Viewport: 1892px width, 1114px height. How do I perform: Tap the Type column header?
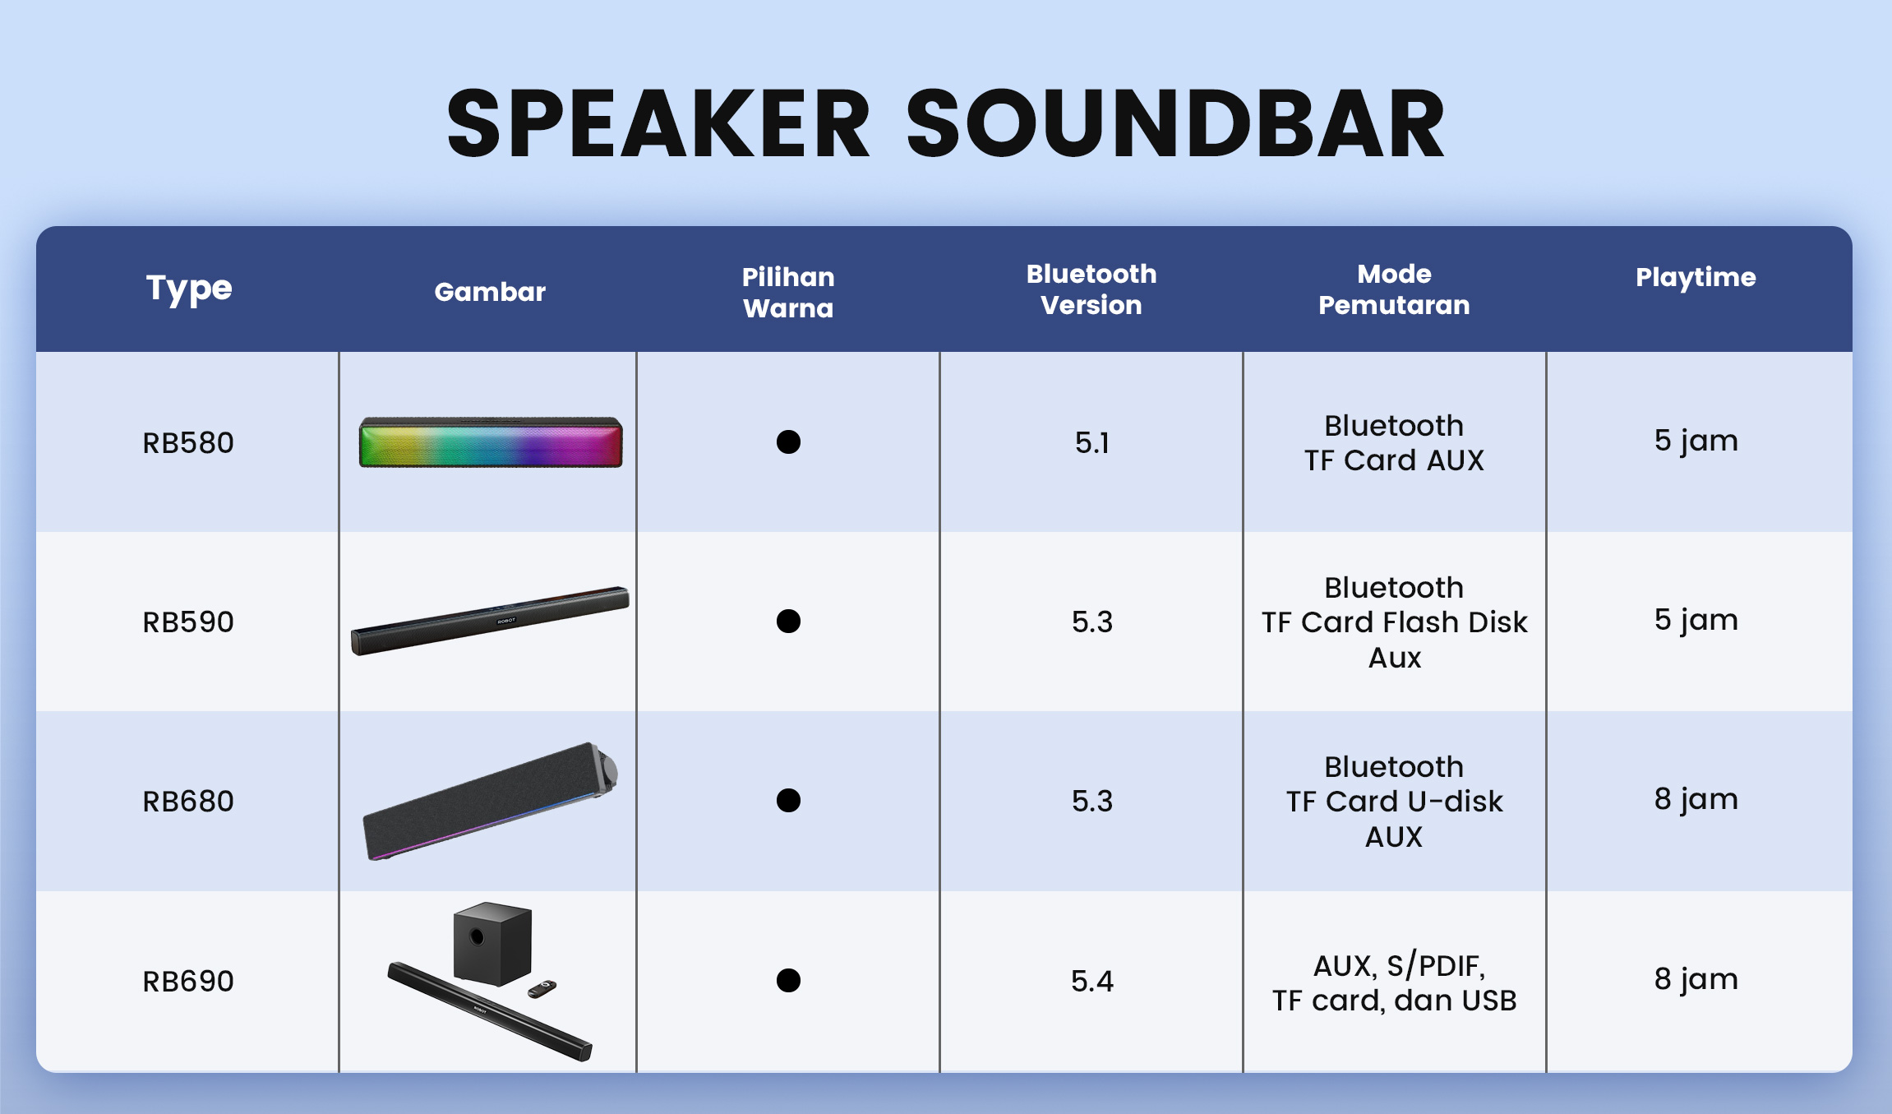click(189, 289)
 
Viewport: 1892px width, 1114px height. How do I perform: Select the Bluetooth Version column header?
click(1091, 289)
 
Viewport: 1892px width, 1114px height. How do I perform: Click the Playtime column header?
click(1696, 278)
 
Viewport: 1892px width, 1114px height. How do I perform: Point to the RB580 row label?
click(188, 443)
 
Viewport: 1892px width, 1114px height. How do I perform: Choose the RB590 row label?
click(188, 622)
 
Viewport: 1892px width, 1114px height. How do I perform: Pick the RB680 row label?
click(188, 802)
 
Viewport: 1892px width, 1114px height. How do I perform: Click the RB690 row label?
click(188, 982)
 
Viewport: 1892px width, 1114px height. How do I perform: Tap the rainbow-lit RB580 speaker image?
click(491, 442)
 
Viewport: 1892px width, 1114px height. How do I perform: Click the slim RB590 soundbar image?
click(490, 621)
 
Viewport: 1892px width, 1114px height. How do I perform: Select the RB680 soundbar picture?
click(490, 802)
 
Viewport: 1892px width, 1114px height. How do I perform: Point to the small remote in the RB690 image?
click(542, 989)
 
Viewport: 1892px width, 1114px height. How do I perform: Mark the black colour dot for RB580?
click(788, 442)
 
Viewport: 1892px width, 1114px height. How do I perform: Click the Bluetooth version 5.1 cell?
click(1092, 443)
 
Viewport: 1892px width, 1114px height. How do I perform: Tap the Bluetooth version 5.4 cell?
click(1092, 982)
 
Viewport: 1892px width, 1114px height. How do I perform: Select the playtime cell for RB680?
click(1696, 799)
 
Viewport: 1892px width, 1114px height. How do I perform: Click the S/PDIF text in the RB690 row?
click(1435, 966)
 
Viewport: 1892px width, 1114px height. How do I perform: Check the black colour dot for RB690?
click(788, 981)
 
